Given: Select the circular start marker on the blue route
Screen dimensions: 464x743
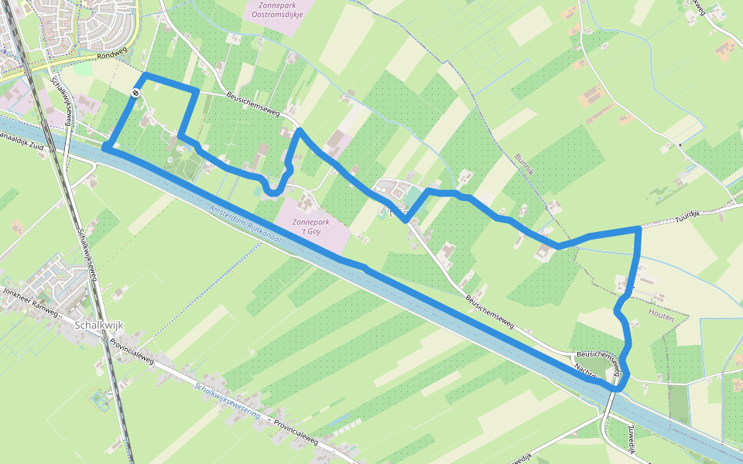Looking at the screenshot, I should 135,93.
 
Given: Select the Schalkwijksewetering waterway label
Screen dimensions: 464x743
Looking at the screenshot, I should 227,400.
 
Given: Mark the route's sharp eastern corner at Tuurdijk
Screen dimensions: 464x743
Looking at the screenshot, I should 639,228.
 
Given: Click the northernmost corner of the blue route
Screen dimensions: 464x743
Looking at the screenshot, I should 145,76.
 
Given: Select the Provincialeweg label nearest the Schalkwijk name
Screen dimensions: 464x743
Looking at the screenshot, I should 132,353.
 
